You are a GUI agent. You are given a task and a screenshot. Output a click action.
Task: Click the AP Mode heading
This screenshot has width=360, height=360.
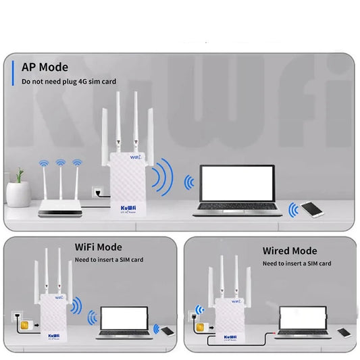[x=45, y=67]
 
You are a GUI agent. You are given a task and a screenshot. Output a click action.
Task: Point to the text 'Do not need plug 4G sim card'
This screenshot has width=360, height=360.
[x=69, y=82]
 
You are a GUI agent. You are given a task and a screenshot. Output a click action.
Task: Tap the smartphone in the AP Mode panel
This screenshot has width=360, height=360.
[x=311, y=209]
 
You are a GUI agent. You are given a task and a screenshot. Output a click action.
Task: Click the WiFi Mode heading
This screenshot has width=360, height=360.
[x=98, y=248]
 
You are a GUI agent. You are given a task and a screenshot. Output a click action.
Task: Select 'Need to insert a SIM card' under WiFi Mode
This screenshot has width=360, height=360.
[x=109, y=260]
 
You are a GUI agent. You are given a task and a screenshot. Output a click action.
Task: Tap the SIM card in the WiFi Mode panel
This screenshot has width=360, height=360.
[x=16, y=328]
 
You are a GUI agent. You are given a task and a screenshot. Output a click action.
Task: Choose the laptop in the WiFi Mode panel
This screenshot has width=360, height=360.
[x=124, y=323]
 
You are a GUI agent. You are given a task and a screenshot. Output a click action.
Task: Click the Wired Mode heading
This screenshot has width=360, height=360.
[x=289, y=251]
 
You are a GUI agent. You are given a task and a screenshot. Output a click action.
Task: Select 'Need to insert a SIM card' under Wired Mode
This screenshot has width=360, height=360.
[x=297, y=263]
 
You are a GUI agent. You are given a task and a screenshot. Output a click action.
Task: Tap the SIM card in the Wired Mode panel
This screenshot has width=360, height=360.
[x=199, y=326]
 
